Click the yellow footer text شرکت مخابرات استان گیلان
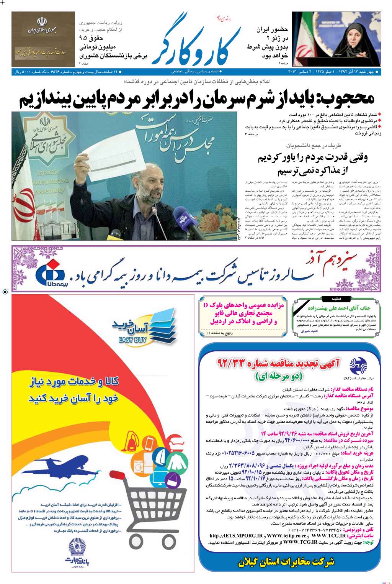[x=286, y=562]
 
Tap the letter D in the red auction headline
[x=205, y=305]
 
